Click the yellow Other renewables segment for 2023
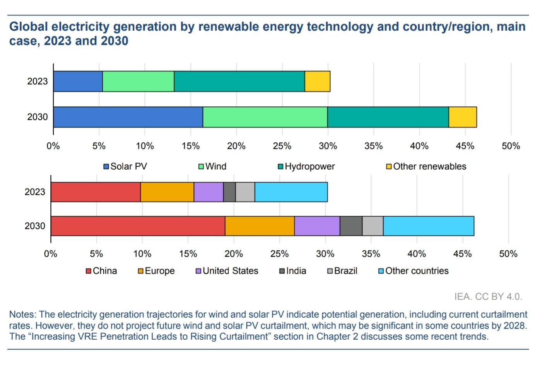(318, 81)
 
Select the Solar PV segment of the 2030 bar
(128, 117)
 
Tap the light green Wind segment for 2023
(138, 81)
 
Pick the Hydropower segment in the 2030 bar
(388, 117)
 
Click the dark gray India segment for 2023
(229, 192)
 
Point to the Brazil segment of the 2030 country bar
(373, 226)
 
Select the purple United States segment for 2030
(317, 226)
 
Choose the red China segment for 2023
(96, 192)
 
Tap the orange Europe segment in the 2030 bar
(260, 226)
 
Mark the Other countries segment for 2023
(291, 192)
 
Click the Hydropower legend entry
(306, 167)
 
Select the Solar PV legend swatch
(106, 167)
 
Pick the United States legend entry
(227, 271)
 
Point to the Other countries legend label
(417, 271)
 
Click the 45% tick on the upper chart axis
(465, 146)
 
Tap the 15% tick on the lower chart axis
(188, 254)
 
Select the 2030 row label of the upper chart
(37, 117)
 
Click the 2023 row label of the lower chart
(35, 192)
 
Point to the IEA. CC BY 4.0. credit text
(489, 297)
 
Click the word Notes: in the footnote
(23, 314)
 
